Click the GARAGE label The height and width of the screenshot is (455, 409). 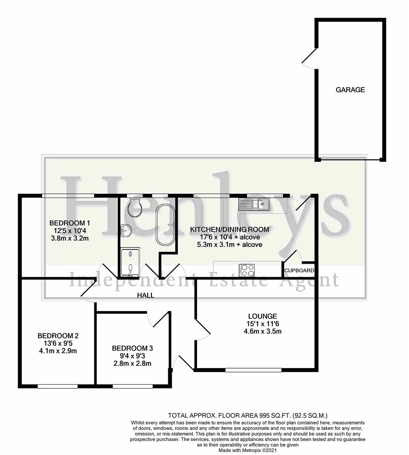pyautogui.click(x=350, y=90)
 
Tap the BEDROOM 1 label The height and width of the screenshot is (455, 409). pyautogui.click(x=70, y=223)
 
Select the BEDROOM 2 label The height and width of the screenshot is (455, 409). pyautogui.click(x=58, y=336)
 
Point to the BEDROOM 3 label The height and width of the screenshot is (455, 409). pyautogui.click(x=132, y=348)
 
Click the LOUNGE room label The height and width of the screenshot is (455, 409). pyautogui.click(x=262, y=316)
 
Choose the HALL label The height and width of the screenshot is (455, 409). pyautogui.click(x=145, y=295)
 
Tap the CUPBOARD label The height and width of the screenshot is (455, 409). pyautogui.click(x=299, y=270)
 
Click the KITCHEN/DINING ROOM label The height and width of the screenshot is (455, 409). pyautogui.click(x=229, y=230)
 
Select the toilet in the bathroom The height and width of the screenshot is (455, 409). pyautogui.click(x=136, y=206)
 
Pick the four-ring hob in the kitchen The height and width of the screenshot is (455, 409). pyautogui.click(x=247, y=269)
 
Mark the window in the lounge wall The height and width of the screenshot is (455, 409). pyautogui.click(x=253, y=370)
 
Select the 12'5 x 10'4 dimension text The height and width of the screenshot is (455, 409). pyautogui.click(x=70, y=231)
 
